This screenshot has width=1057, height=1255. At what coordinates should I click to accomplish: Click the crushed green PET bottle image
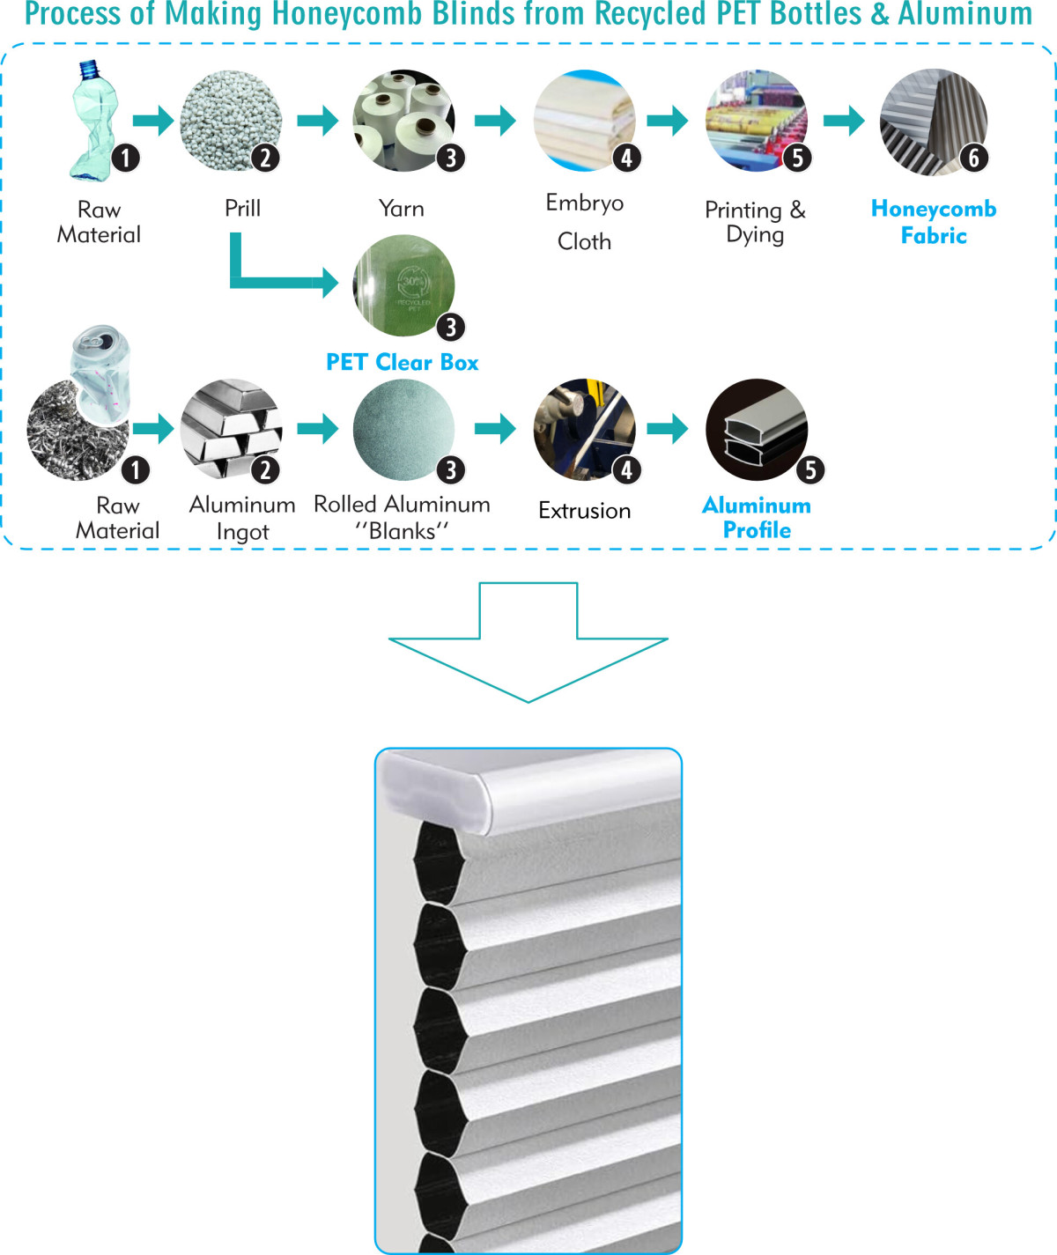[94, 132]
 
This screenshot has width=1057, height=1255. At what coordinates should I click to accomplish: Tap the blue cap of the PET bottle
[88, 69]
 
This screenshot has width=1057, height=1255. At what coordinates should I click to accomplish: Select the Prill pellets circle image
[231, 120]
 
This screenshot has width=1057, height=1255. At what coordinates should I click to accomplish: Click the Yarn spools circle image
[403, 120]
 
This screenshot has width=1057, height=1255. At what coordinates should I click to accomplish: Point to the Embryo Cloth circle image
[584, 120]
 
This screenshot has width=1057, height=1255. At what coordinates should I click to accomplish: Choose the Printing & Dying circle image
[756, 120]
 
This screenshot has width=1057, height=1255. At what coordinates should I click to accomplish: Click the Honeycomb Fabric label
[934, 222]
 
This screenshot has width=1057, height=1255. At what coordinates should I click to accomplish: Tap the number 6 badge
[974, 159]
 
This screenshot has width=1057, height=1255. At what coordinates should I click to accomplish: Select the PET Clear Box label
[403, 362]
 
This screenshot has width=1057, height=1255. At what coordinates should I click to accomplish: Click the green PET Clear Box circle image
[403, 284]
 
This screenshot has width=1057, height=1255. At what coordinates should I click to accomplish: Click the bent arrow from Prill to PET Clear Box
[264, 282]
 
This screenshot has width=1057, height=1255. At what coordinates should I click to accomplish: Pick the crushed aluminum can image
[101, 374]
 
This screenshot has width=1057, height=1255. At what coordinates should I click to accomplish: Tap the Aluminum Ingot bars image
[231, 429]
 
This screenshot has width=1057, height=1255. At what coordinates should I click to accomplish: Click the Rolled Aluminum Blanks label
[402, 517]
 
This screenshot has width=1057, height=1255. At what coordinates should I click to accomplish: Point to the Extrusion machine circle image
[584, 429]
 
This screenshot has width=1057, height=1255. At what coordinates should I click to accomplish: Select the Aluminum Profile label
[757, 517]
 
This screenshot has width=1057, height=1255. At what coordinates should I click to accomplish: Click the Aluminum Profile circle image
[756, 429]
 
